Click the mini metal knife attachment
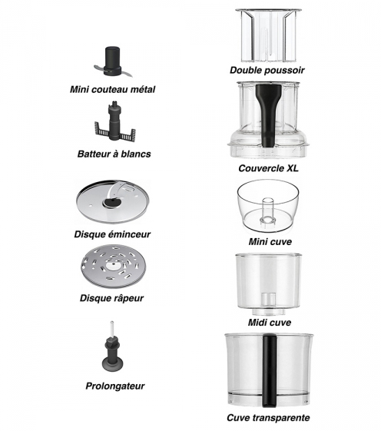coord(113,62)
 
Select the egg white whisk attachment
coord(115,121)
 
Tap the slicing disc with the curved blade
coord(113,201)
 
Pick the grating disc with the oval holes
coord(113,267)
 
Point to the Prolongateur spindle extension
coord(112,348)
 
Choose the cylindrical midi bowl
coord(268,284)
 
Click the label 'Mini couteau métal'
coord(112,89)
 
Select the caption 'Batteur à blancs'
coord(114,154)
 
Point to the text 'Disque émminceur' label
coord(112,234)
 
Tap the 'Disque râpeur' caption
coord(111,298)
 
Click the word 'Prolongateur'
coord(115,386)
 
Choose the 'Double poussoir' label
coord(267,70)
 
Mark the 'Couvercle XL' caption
coord(268,168)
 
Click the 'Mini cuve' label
coord(270,242)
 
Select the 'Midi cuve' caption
coord(270,322)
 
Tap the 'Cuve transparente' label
coord(268,418)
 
